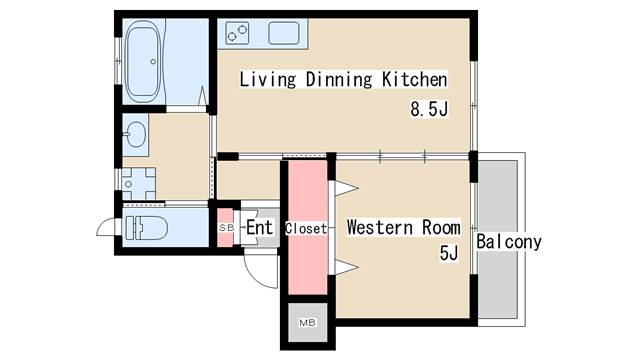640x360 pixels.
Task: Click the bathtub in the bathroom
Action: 143,61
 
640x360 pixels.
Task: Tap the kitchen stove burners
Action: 237,33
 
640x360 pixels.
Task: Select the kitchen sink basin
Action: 284,33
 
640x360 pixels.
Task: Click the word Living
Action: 267,79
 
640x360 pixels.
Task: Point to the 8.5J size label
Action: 429,109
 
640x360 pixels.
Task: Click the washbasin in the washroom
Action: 135,134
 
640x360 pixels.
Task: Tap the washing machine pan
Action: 139,184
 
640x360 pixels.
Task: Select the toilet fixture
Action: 147,228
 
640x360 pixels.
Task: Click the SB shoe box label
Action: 226,228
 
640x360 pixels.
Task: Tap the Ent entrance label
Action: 260,227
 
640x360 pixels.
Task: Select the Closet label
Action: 306,229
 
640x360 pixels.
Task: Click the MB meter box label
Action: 307,323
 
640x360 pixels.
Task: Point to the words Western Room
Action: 404,227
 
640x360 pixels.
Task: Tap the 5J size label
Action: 449,253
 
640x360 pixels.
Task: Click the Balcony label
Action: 509,242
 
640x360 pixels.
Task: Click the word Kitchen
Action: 415,79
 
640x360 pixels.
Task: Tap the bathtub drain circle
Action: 153,62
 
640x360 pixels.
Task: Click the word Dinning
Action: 339,79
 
